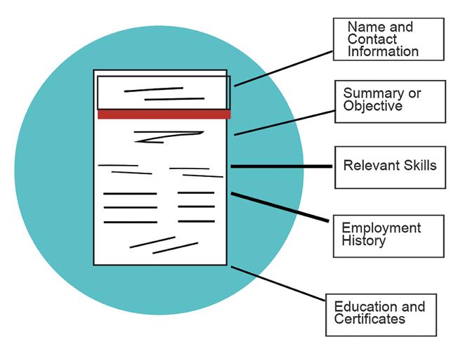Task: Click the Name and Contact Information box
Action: coord(388,39)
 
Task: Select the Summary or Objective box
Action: coord(393,101)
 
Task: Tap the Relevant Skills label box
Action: coord(390,167)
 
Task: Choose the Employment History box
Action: coord(388,235)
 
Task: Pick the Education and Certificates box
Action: coord(381,314)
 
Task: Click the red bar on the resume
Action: coord(164,114)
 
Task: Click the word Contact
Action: coord(372,39)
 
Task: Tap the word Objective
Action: coord(372,106)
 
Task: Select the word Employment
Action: coord(381,228)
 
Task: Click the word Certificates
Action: coord(369,320)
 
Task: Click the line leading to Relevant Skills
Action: coord(281,166)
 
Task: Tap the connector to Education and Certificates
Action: coord(277,284)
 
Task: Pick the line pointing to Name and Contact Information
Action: coord(284,68)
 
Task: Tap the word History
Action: coord(363,241)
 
